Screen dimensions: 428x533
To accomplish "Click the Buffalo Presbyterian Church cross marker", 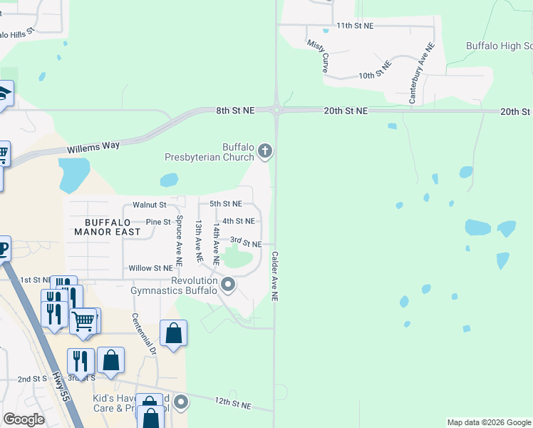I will click(x=265, y=150).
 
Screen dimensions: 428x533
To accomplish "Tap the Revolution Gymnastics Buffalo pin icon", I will click(x=228, y=285).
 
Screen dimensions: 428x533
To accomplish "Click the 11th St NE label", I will click(x=355, y=26).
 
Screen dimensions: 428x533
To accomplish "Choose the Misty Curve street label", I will click(x=318, y=56).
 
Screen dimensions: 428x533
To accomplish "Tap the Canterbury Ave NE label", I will click(x=421, y=73).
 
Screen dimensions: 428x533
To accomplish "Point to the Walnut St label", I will click(x=149, y=205).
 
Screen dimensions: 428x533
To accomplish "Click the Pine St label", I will click(x=157, y=222).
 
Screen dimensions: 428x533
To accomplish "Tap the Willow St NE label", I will click(x=150, y=268).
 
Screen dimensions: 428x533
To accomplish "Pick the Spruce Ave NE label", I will click(x=179, y=238).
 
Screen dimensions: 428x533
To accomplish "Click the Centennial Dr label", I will click(x=143, y=334).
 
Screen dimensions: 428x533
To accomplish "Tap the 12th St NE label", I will click(x=233, y=404).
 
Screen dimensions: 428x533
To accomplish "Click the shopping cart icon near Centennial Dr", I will click(x=83, y=321).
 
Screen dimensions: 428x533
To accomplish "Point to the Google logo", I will click(x=24, y=419).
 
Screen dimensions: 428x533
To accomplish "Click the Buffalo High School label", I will click(x=499, y=46).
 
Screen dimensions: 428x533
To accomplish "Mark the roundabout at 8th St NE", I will click(x=276, y=110).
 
